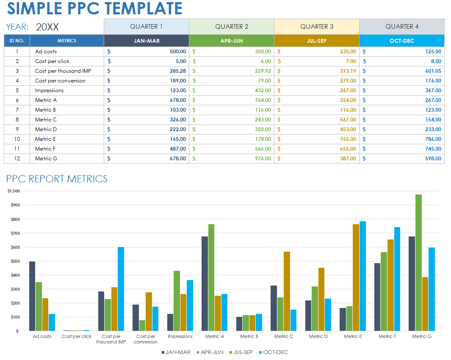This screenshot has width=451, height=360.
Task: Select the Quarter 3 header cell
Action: tap(316, 27)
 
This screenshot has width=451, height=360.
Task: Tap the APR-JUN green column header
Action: tap(231, 41)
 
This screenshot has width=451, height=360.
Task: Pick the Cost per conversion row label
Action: tap(60, 81)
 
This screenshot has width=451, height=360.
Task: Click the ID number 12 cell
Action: tap(17, 159)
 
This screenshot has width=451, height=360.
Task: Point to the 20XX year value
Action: tap(47, 27)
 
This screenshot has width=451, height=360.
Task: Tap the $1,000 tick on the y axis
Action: tap(14, 191)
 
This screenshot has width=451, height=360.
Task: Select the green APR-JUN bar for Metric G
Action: tap(418, 262)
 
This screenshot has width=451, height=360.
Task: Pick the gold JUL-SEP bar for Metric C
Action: tap(287, 291)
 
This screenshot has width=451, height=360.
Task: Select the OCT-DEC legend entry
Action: tap(273, 352)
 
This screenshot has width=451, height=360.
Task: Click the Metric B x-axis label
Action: tap(249, 336)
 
